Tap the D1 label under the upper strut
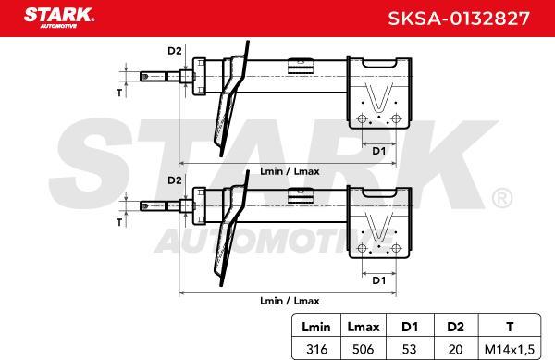376,149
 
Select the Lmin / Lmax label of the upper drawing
290,171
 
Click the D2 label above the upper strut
173,50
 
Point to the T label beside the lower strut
117,222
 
